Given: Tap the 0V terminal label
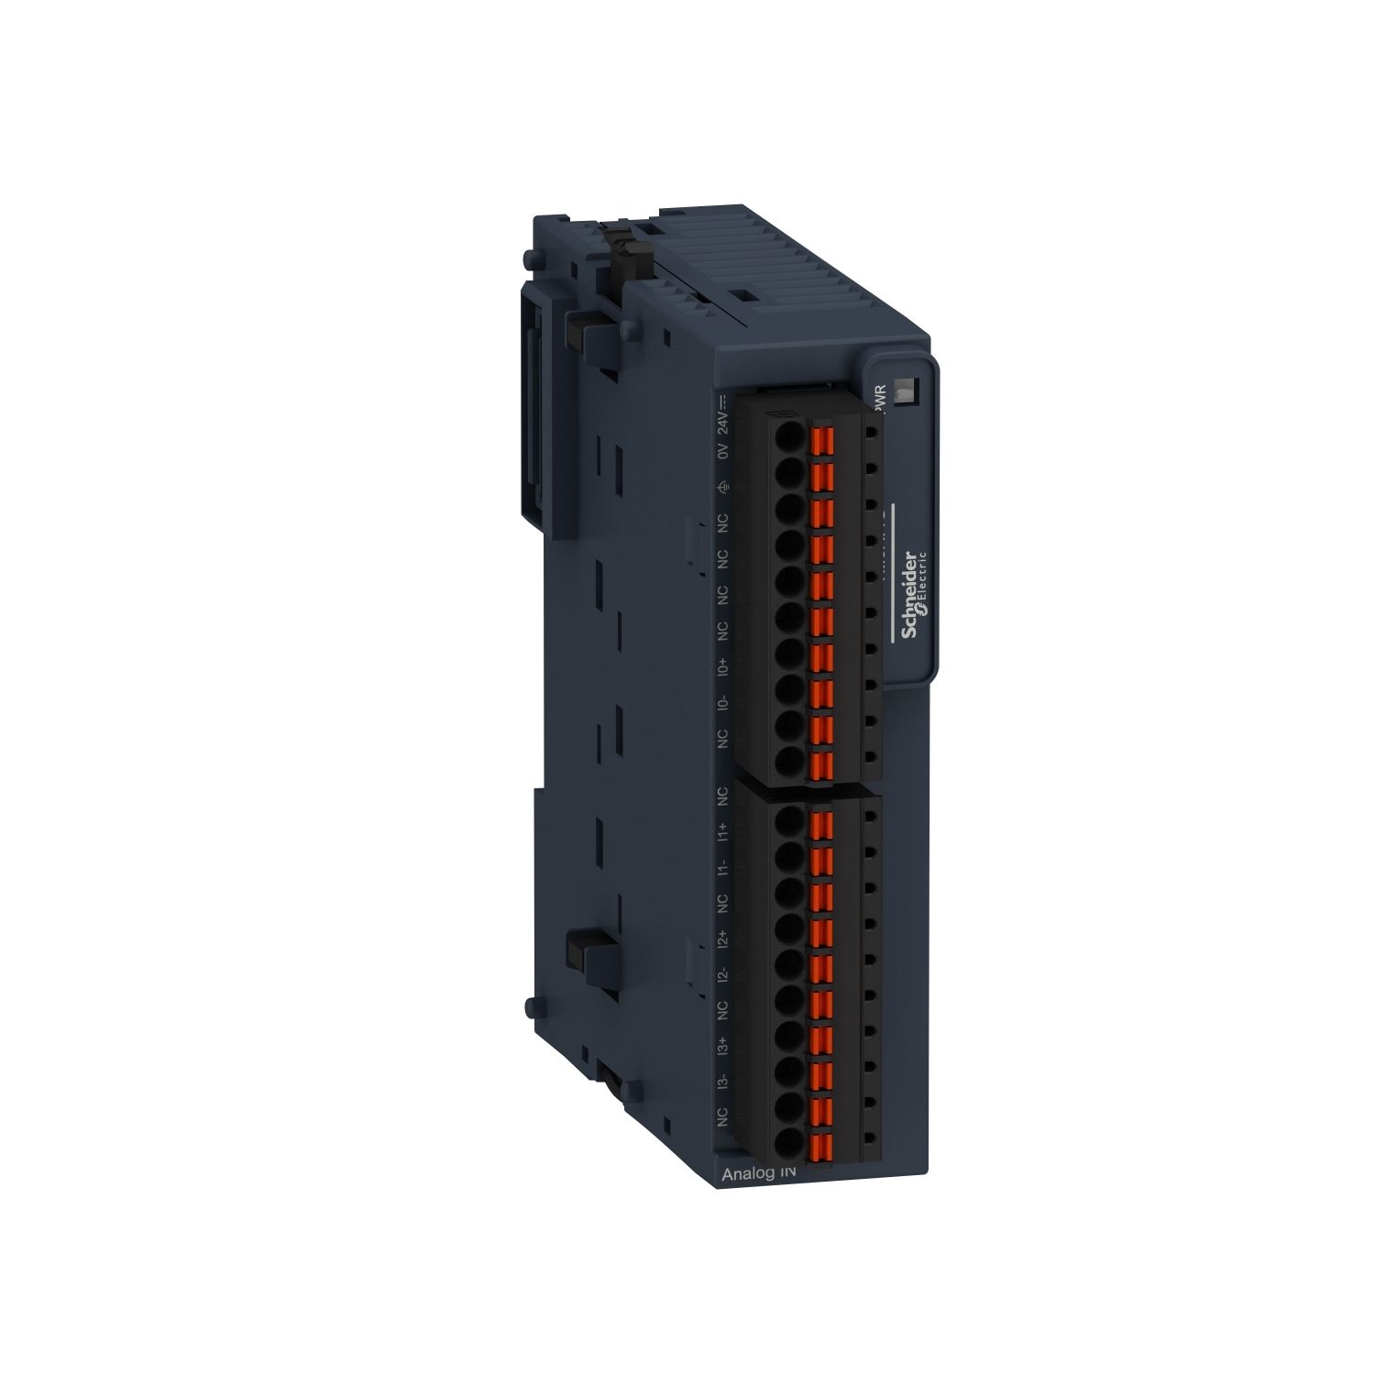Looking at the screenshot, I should [723, 452].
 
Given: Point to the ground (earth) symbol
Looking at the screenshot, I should [723, 488].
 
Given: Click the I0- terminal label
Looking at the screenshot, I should [723, 703].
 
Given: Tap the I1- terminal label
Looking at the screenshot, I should [723, 867].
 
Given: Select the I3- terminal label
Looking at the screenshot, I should [723, 1082].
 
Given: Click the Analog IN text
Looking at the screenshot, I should [760, 1174].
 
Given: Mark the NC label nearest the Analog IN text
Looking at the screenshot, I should [723, 1117].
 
